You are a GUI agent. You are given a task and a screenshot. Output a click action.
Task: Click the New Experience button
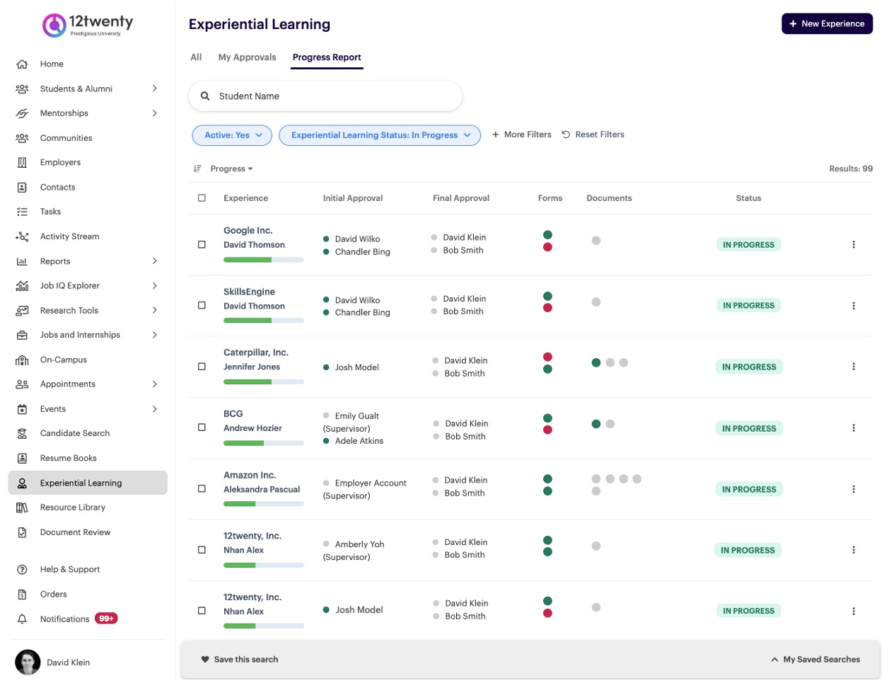pyautogui.click(x=826, y=24)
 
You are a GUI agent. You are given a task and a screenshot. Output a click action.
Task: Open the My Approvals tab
pyautogui.click(x=247, y=57)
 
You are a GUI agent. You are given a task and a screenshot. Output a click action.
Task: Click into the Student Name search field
pyautogui.click(x=325, y=96)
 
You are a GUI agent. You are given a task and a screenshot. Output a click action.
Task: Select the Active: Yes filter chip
pyautogui.click(x=232, y=135)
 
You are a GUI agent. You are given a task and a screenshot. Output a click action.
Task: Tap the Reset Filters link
pyautogui.click(x=593, y=134)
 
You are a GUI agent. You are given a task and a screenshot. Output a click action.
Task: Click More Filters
pyautogui.click(x=522, y=134)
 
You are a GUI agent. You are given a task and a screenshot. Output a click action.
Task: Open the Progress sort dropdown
pyautogui.click(x=231, y=168)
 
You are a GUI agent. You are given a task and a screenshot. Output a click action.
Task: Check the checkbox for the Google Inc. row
pyautogui.click(x=202, y=245)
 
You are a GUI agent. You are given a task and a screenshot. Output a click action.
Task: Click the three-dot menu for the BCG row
pyautogui.click(x=854, y=428)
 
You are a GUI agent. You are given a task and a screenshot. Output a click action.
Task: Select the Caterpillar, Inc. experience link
pyautogui.click(x=256, y=352)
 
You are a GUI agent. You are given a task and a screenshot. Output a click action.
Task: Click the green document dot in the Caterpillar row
pyautogui.click(x=596, y=362)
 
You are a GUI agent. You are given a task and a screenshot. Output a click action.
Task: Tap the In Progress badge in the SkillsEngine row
pyautogui.click(x=748, y=306)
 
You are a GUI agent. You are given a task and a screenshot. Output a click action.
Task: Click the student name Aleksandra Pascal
pyautogui.click(x=262, y=490)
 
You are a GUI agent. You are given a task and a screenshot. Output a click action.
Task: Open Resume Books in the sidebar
pyautogui.click(x=68, y=458)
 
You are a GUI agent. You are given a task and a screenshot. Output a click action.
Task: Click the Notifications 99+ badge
pyautogui.click(x=106, y=619)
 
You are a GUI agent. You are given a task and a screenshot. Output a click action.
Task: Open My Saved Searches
pyautogui.click(x=815, y=660)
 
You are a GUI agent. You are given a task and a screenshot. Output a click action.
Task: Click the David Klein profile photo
pyautogui.click(x=28, y=663)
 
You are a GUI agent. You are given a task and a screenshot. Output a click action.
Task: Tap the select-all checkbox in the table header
pyautogui.click(x=202, y=198)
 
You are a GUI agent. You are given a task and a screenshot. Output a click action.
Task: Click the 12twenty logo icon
pyautogui.click(x=54, y=25)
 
